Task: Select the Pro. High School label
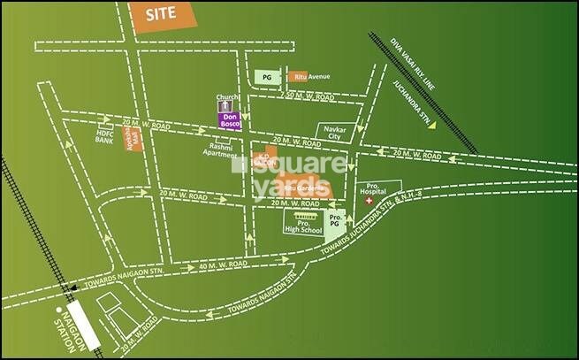click(x=303, y=227)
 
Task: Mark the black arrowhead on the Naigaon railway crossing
click(x=73, y=287)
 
